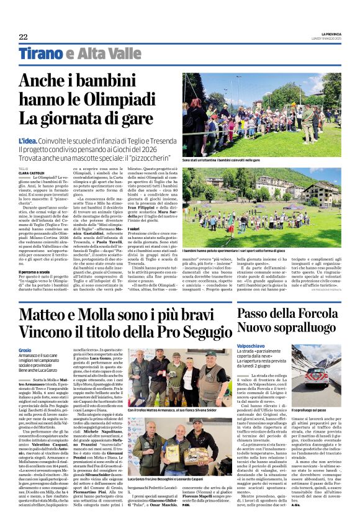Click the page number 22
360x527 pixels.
(x=23, y=37)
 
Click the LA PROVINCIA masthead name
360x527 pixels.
(x=327, y=34)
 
